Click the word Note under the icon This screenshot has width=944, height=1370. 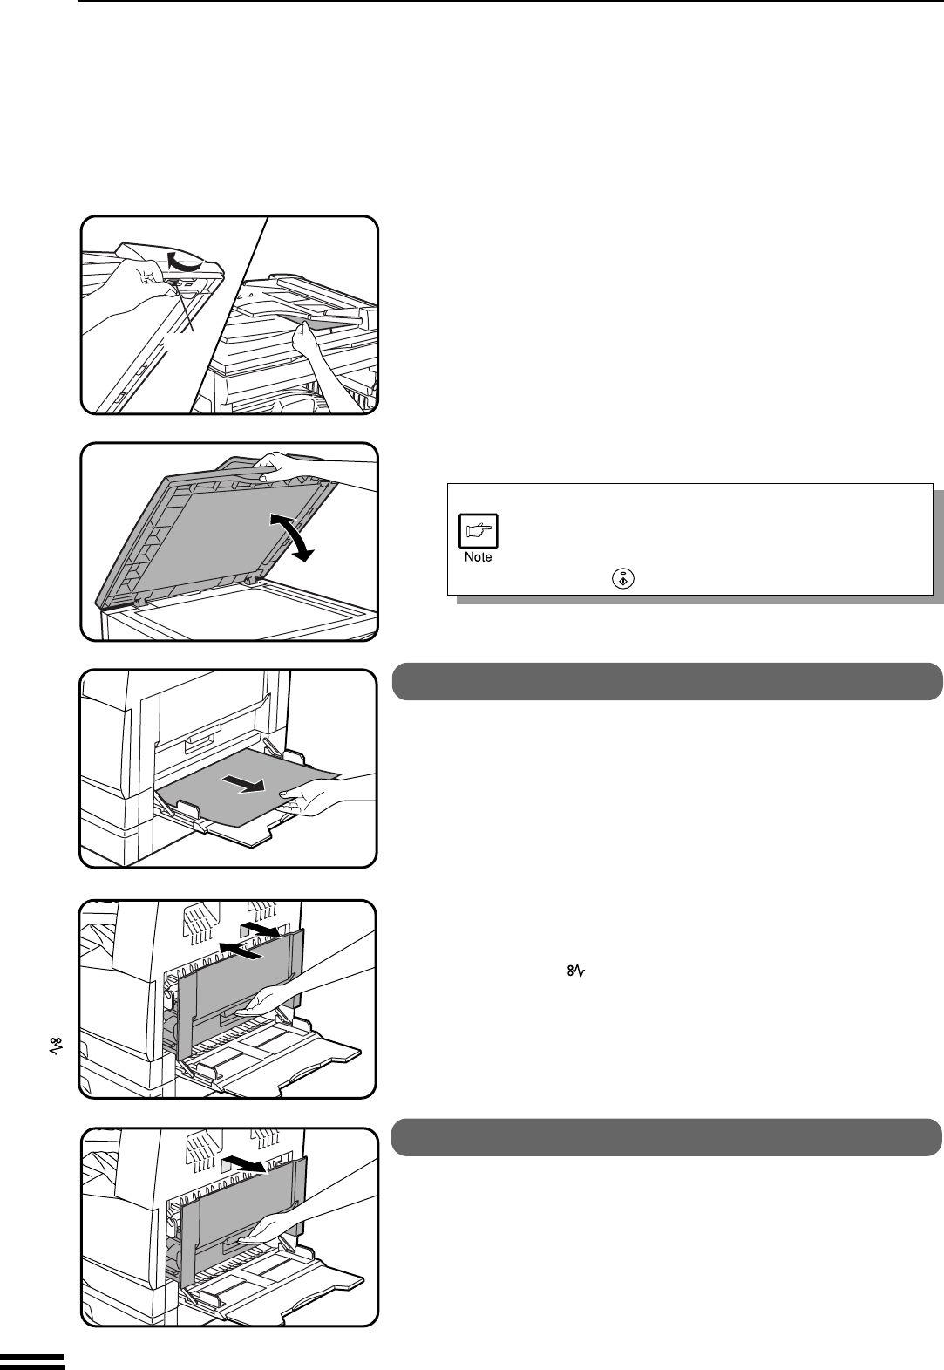point(478,557)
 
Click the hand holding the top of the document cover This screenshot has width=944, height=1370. point(288,464)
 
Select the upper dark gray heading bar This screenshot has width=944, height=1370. point(667,681)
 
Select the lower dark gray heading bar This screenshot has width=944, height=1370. point(667,1136)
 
